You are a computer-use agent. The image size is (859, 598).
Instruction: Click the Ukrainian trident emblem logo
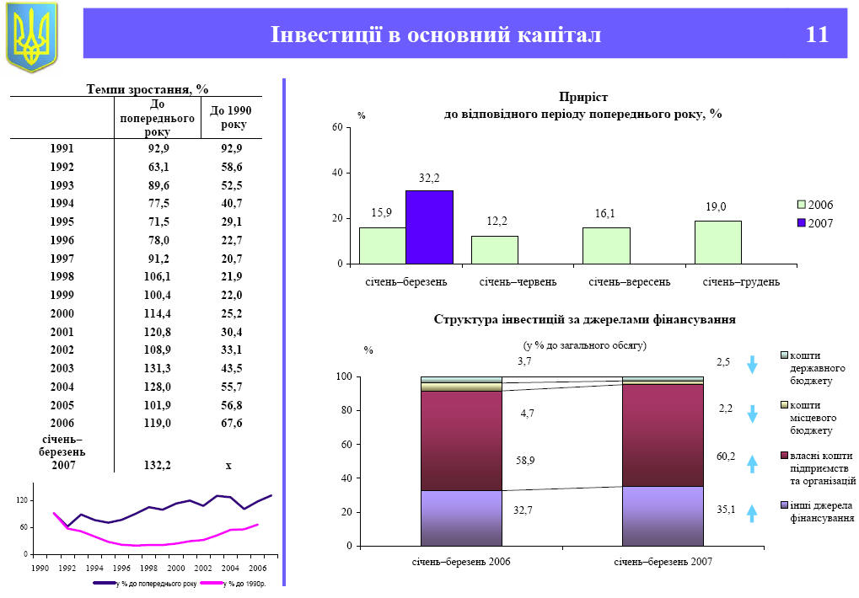coord(31,36)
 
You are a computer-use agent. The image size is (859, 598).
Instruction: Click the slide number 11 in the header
coord(817,35)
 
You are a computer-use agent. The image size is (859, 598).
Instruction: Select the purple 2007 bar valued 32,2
coord(429,227)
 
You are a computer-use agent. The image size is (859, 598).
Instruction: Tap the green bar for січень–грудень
coord(718,243)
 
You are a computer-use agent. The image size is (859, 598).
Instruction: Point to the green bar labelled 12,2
coord(495,250)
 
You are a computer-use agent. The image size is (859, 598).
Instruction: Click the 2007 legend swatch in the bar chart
coord(801,222)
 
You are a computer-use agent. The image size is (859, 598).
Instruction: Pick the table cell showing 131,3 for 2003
coord(158,368)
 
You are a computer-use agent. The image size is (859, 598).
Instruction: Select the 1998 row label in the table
coord(62,277)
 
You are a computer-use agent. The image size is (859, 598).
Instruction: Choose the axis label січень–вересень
coord(629,281)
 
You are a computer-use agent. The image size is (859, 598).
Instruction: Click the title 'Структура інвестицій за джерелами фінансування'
coord(584,319)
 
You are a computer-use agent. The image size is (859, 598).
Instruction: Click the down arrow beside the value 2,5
coord(753,365)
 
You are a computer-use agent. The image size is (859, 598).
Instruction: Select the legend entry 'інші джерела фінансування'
coord(821,511)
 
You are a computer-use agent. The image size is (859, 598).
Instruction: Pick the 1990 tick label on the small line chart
coord(39,569)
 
